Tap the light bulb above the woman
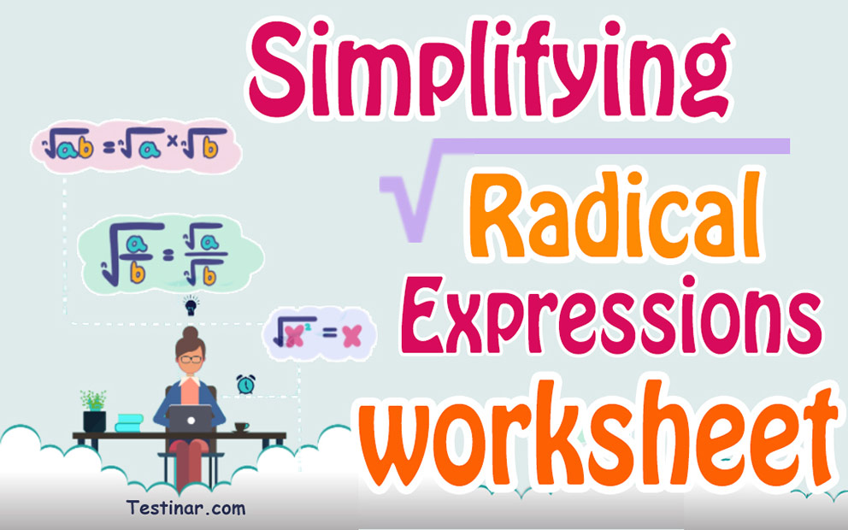(x=190, y=304)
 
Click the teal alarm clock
(x=246, y=385)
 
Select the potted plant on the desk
(x=94, y=409)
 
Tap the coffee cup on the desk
(x=242, y=426)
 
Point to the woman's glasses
(x=190, y=357)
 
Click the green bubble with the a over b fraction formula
(x=169, y=251)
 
